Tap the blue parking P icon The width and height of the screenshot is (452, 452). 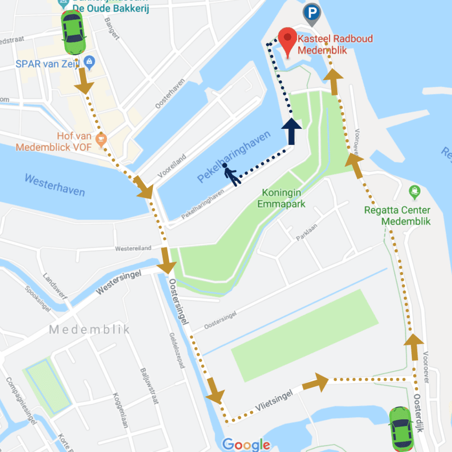pyautogui.click(x=312, y=13)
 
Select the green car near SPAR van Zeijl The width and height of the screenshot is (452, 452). pyautogui.click(x=73, y=33)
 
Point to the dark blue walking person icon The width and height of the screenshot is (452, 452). pyautogui.click(x=231, y=175)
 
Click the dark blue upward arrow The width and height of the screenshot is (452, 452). pyautogui.click(x=291, y=131)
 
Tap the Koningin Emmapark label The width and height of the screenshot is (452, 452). pyautogui.click(x=282, y=198)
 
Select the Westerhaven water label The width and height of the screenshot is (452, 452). pyautogui.click(x=55, y=185)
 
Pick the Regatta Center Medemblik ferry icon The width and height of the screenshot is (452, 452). pyautogui.click(x=415, y=192)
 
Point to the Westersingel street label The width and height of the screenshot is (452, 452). pyautogui.click(x=119, y=282)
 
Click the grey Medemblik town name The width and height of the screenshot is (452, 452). pyautogui.click(x=90, y=329)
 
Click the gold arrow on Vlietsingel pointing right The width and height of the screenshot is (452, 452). pyautogui.click(x=316, y=382)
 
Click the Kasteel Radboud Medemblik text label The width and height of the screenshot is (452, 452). pyautogui.click(x=335, y=44)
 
